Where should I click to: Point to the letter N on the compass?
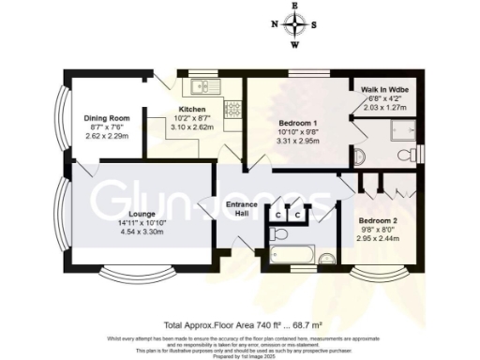coord(274,25)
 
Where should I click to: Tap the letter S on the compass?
coord(314,25)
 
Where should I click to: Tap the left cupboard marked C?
coord(277,215)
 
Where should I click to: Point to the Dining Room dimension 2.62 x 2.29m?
coord(106,134)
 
